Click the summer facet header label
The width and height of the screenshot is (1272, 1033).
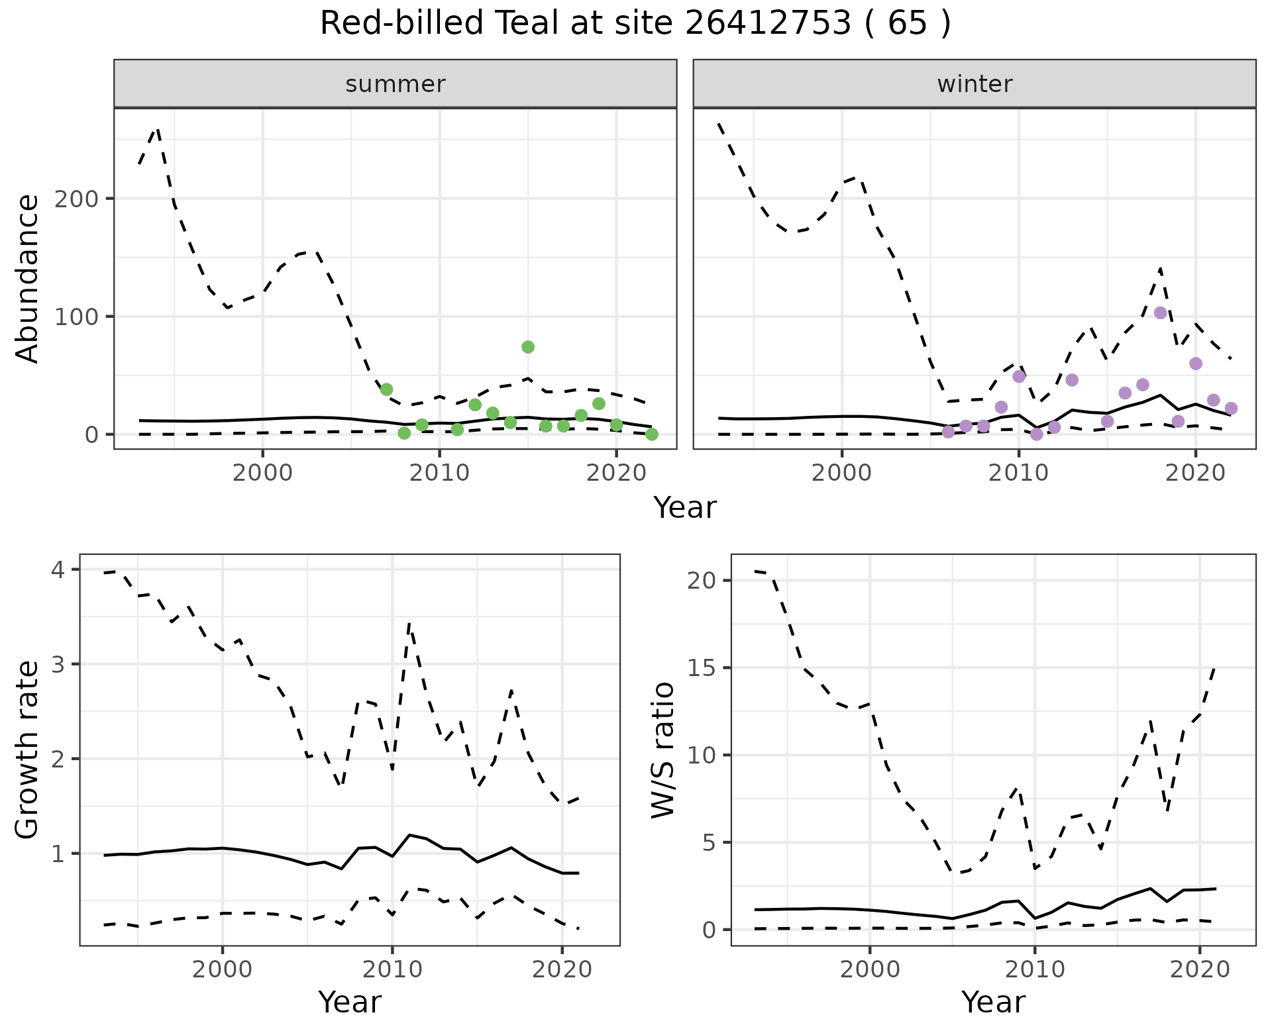point(396,84)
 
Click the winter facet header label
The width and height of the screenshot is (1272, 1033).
point(975,84)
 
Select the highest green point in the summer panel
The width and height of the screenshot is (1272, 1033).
point(528,347)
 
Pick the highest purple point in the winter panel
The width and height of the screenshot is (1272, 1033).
point(1160,313)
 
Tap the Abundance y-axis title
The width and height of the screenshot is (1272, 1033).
point(28,279)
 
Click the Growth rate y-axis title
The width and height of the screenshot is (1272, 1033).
point(28,750)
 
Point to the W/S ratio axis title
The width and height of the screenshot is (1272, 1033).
point(663,750)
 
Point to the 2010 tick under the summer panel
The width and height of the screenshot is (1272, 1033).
point(439,473)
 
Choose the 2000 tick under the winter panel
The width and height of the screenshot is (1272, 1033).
point(842,473)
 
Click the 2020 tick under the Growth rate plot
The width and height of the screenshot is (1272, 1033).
point(562,970)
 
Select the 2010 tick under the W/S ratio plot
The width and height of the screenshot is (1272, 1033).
point(1034,970)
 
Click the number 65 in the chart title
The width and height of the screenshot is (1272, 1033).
point(907,24)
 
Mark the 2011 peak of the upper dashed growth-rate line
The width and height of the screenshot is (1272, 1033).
point(409,624)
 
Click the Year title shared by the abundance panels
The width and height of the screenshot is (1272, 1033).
point(685,508)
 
